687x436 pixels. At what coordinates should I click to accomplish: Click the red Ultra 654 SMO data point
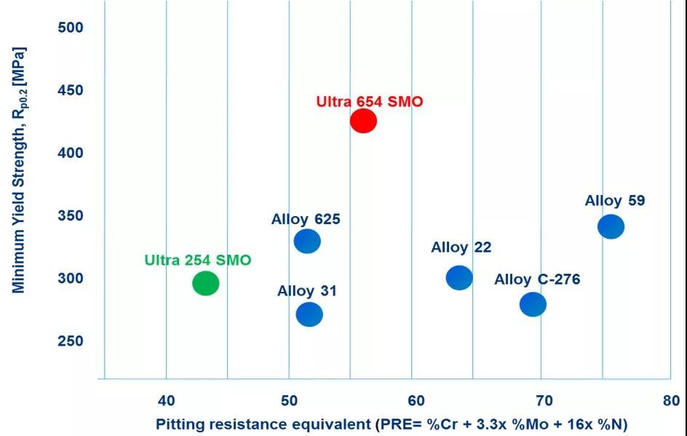pyautogui.click(x=363, y=121)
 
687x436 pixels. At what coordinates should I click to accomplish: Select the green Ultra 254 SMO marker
pyautogui.click(x=205, y=282)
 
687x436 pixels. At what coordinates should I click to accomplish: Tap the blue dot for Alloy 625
pyautogui.click(x=307, y=240)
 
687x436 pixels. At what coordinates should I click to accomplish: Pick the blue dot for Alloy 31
pyautogui.click(x=309, y=314)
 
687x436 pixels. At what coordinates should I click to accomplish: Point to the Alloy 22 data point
pyautogui.click(x=459, y=277)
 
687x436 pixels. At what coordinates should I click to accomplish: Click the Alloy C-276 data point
pyautogui.click(x=533, y=304)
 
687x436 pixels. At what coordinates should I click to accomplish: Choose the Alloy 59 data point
pyautogui.click(x=611, y=226)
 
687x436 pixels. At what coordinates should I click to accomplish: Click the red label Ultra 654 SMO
pyautogui.click(x=369, y=102)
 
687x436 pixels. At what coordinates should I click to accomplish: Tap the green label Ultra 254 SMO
pyautogui.click(x=198, y=260)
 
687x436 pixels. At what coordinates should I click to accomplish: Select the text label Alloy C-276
pyautogui.click(x=537, y=280)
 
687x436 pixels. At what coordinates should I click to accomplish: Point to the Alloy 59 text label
pyautogui.click(x=615, y=201)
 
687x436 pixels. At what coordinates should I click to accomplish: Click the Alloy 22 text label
pyautogui.click(x=461, y=247)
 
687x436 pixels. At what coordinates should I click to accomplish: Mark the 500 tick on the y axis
pyautogui.click(x=71, y=28)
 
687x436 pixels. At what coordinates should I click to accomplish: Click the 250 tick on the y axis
pyautogui.click(x=71, y=341)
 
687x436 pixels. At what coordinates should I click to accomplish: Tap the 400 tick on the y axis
pyautogui.click(x=71, y=153)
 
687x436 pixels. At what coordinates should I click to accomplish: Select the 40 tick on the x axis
pyautogui.click(x=167, y=400)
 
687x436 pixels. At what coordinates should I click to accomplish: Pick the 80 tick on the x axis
pyautogui.click(x=671, y=400)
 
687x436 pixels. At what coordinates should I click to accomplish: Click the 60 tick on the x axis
pyautogui.click(x=416, y=400)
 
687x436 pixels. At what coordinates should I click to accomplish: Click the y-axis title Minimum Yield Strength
pyautogui.click(x=19, y=171)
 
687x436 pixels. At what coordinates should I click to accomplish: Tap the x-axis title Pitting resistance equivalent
pyautogui.click(x=392, y=424)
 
